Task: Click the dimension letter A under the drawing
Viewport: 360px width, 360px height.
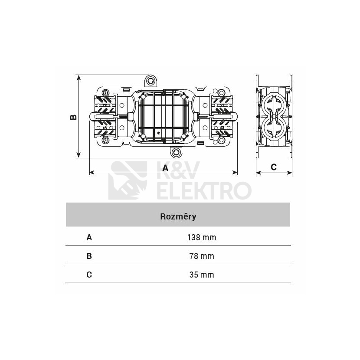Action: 165,168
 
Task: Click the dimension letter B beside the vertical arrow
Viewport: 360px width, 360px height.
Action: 73,117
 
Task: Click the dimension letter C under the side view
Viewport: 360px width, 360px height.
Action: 274,167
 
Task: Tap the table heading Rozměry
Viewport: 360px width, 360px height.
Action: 178,216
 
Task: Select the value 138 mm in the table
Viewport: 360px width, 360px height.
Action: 202,237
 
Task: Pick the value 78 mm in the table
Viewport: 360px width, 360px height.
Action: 202,256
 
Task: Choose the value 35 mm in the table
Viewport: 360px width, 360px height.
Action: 202,275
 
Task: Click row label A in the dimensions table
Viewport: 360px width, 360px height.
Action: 89,237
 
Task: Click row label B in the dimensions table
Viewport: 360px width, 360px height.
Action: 89,256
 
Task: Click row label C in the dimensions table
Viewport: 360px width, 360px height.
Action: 89,275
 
